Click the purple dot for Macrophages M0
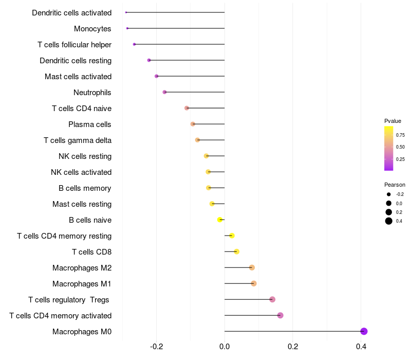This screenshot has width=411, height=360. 364,331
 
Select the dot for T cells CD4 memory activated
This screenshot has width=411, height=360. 280,315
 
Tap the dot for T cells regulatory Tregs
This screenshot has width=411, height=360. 272,299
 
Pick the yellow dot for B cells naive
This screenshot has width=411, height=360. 220,220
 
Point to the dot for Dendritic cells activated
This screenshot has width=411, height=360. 126,12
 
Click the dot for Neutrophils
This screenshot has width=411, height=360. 164,92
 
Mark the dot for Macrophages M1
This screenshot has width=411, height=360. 253,283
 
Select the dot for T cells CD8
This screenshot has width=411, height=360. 236,251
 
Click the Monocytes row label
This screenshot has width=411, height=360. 92,28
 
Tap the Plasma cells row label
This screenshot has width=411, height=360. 89,124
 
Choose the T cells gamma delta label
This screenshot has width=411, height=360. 77,140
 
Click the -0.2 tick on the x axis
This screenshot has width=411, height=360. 156,346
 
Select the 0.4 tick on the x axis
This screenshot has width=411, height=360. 361,346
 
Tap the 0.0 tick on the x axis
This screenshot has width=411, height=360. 225,346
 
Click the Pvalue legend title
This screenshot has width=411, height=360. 393,121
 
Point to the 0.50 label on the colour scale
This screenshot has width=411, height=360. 400,147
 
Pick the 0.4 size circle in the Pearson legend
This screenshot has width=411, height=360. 389,221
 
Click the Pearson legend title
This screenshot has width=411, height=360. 395,185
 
